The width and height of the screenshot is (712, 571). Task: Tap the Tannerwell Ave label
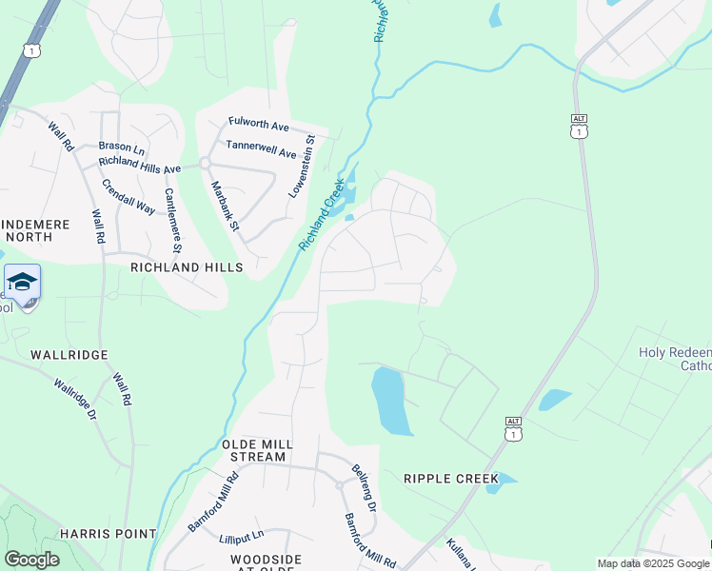pos(261,148)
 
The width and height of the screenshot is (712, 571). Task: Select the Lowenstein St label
pos(303,166)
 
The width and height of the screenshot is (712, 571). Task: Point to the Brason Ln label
pos(121,148)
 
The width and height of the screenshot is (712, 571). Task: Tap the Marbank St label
pos(225,210)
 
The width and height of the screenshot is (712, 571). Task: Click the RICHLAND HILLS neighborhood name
pos(187,268)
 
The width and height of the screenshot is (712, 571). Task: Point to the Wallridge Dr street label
pos(75,401)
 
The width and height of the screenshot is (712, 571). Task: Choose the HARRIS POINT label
pos(108,534)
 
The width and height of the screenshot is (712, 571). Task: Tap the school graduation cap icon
pos(22,283)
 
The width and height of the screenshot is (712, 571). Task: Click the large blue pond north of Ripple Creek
pos(391,401)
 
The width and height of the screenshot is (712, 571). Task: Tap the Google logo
pos(31,560)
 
